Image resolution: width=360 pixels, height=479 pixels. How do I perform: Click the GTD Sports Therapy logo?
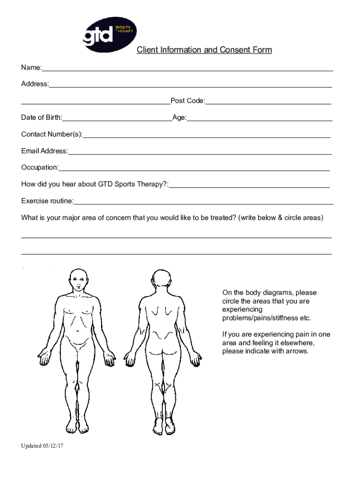(108, 32)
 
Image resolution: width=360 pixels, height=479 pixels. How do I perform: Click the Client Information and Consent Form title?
(204, 50)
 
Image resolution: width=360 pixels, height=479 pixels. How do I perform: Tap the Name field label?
(31, 68)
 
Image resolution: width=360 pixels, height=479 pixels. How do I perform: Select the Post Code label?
(187, 101)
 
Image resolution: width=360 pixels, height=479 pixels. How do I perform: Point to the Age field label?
(179, 117)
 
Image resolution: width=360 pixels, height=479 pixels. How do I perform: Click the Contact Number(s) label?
(51, 134)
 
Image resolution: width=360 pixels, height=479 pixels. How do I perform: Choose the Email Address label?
(44, 151)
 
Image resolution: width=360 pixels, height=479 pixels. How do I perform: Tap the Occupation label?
(40, 167)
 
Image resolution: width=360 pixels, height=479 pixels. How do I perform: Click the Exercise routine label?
(47, 201)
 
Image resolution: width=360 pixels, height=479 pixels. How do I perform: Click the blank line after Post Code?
(268, 103)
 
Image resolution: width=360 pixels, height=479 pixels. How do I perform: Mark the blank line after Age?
(259, 120)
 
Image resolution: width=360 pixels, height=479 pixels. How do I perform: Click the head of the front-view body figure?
(78, 281)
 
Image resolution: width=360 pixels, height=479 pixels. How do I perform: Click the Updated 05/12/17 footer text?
(42, 446)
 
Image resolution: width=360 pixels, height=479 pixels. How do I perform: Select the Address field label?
(35, 84)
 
